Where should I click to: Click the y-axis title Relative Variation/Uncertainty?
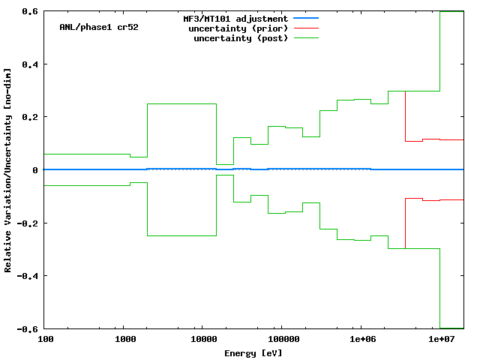coord(8,170)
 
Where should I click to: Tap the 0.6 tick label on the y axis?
coord(30,11)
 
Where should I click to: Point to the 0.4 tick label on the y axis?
coord(30,64)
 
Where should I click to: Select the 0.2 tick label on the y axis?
coord(30,117)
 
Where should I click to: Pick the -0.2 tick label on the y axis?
coord(28,223)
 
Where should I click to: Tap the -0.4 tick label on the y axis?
coord(28,276)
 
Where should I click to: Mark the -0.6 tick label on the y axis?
coord(28,328)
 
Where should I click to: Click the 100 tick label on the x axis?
coord(45,340)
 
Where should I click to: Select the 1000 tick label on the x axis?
coord(124,340)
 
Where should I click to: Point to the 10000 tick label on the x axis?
coord(201,340)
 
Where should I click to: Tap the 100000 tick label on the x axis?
coord(280,340)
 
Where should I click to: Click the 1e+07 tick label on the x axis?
coord(440,340)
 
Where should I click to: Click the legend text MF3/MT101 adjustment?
coord(235,18)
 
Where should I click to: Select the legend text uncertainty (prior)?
coord(241,28)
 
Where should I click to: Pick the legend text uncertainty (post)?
coord(241,37)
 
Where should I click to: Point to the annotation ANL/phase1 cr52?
coord(98,27)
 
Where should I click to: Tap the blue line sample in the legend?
coord(306,18)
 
